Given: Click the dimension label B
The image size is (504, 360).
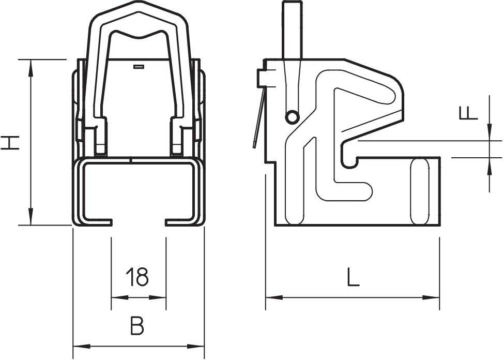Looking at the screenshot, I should coord(136,326).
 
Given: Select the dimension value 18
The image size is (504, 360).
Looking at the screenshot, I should coord(138,277).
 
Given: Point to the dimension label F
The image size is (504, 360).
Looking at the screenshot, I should coord(468,112).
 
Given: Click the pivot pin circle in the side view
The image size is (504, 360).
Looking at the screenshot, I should coord(292,117).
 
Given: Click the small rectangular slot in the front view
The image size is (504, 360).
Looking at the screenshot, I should coord(138,67).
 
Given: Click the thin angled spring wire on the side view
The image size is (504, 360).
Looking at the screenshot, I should coord(258,119).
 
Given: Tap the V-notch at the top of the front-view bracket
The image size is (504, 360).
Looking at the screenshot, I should coord(139,37).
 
